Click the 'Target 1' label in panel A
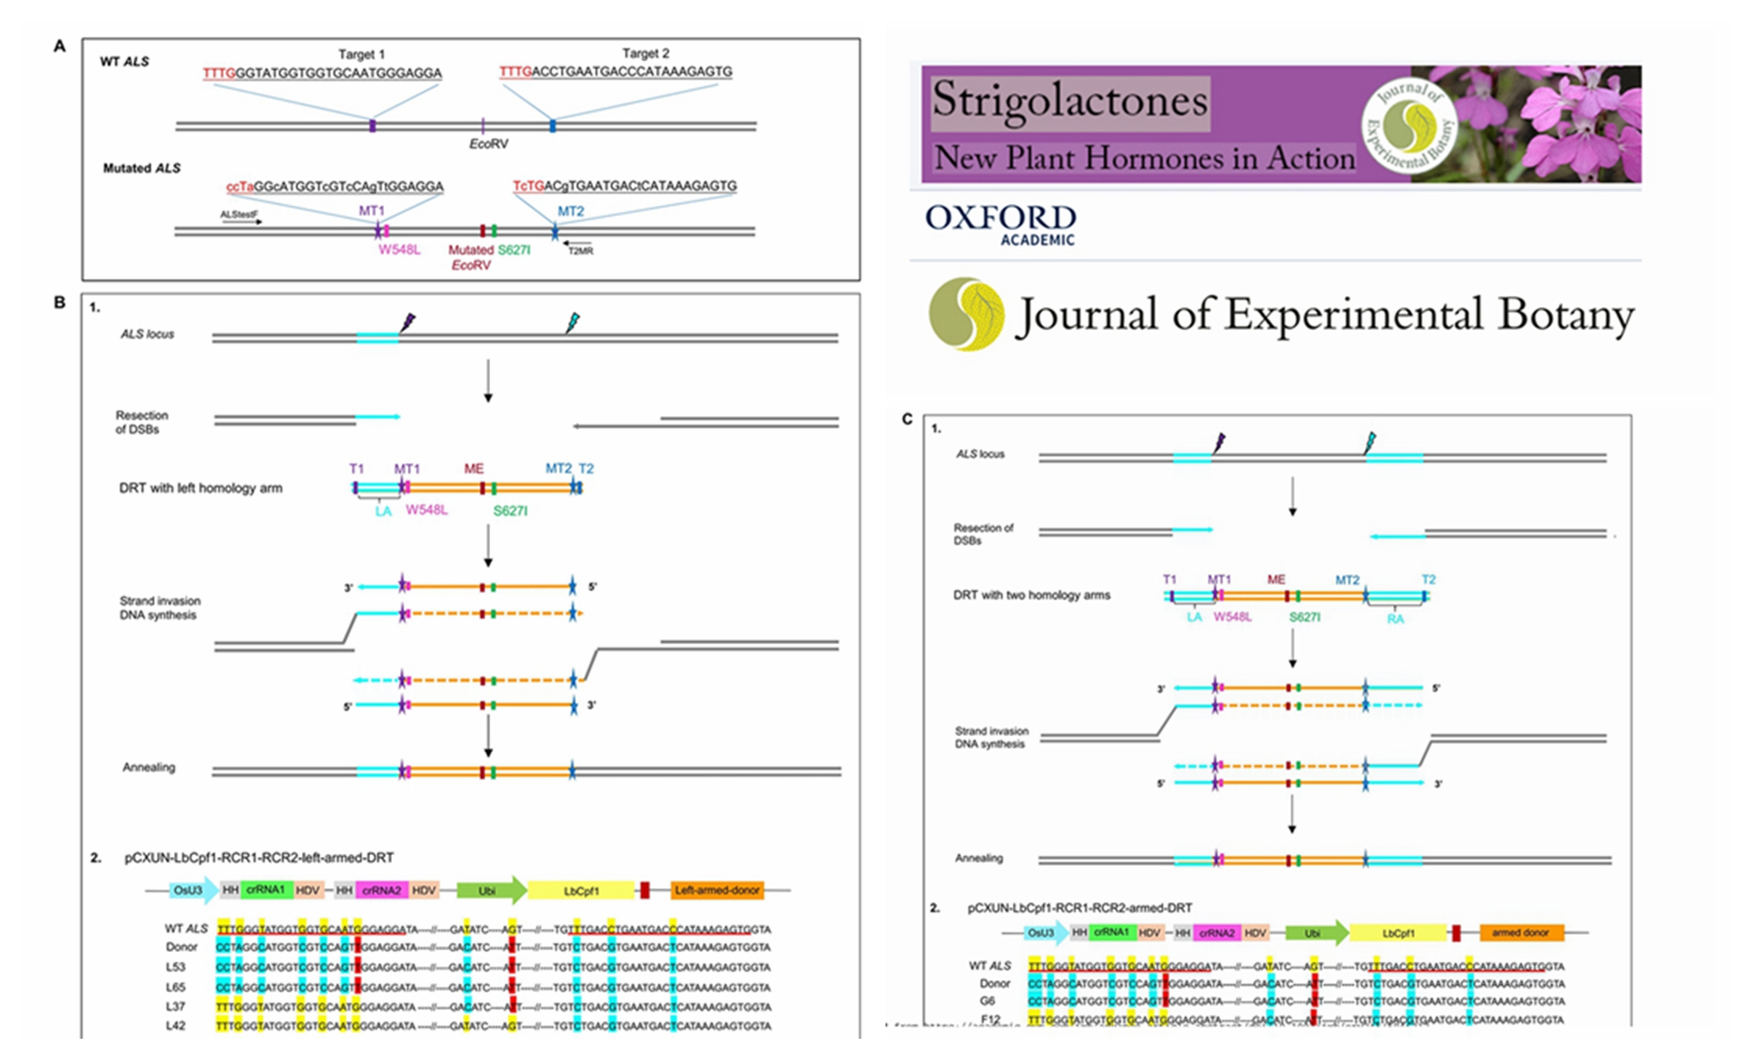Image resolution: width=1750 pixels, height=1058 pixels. [x=361, y=54]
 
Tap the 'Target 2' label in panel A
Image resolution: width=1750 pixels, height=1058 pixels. [x=646, y=53]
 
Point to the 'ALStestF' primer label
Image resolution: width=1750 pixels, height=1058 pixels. [x=239, y=214]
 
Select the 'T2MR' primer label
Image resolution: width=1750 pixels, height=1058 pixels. [x=580, y=251]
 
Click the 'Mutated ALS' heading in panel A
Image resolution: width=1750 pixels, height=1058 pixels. [x=142, y=168]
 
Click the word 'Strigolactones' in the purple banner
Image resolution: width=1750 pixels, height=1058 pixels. [x=1069, y=101]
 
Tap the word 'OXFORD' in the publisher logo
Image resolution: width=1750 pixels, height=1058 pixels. [x=1000, y=217]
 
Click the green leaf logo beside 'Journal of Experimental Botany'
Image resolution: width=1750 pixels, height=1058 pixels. [x=966, y=314]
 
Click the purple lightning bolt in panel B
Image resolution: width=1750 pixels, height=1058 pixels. [x=407, y=323]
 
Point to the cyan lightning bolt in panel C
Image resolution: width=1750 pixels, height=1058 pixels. [x=1370, y=442]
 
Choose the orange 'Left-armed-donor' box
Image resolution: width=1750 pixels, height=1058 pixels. [x=717, y=890]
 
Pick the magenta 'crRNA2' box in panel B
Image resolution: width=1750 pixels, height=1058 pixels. [x=381, y=890]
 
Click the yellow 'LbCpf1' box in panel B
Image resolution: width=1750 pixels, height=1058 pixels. [x=581, y=891]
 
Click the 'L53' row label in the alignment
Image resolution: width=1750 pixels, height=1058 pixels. [x=176, y=967]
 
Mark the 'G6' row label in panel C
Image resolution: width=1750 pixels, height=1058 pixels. [x=987, y=1000]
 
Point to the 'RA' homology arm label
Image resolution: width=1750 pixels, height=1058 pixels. [x=1395, y=619]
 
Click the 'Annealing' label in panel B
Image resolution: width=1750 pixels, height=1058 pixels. [x=149, y=767]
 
